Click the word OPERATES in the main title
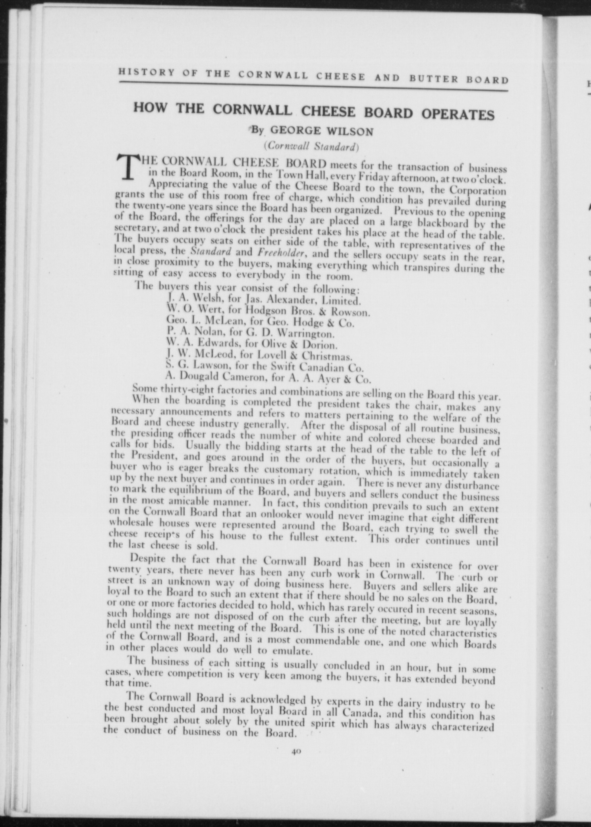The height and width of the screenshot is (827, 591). click(x=458, y=115)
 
